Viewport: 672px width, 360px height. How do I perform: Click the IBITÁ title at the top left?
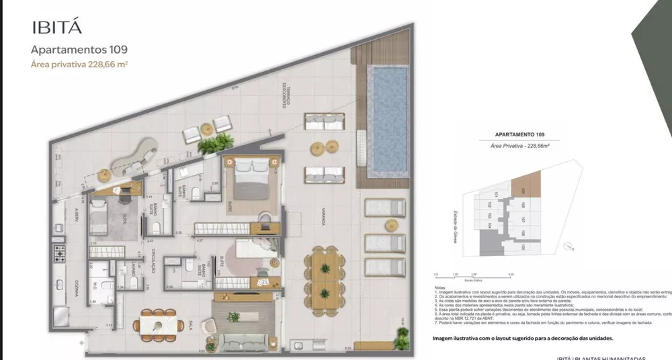[x=57, y=28]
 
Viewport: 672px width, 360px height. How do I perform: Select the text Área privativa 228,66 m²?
[x=80, y=65]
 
